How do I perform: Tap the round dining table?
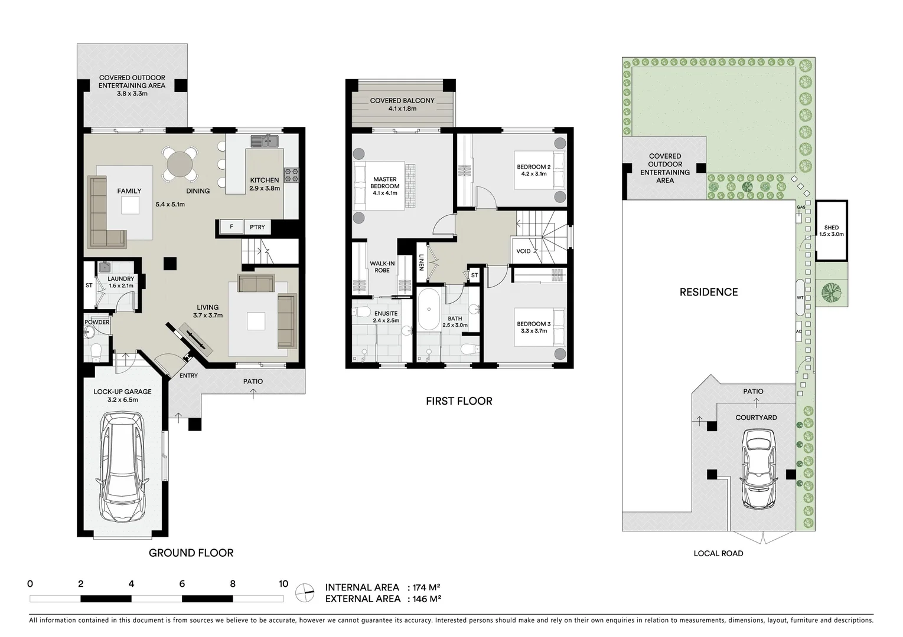(x=180, y=163)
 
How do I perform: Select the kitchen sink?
(x=265, y=141)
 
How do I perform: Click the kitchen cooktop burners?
(x=292, y=174)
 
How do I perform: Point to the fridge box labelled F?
(x=232, y=227)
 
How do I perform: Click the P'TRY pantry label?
(x=257, y=227)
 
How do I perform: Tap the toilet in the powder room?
(x=95, y=353)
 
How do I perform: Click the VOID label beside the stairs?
(x=523, y=251)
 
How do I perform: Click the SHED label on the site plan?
(x=831, y=228)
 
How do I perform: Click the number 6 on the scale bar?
(x=182, y=584)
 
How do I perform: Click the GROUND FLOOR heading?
(x=191, y=553)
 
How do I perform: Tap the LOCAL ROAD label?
(x=718, y=553)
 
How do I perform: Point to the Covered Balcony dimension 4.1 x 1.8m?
(x=402, y=109)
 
